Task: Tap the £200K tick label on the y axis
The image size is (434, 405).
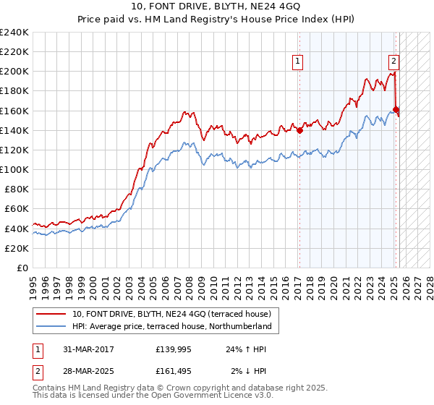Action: point(14,72)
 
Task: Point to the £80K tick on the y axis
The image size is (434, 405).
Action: point(16,189)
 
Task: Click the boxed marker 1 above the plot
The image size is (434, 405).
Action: point(298,61)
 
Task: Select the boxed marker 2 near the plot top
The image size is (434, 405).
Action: point(393,61)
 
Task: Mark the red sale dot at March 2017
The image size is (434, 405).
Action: point(299,130)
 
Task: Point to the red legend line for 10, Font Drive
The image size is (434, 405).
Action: point(52,314)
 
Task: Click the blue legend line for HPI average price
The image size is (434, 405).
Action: point(52,327)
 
